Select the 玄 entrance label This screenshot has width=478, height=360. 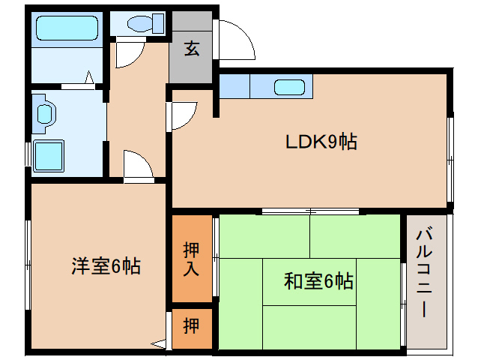[x=192, y=49]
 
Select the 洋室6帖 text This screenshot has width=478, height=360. [x=106, y=265]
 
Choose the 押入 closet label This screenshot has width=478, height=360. [x=192, y=258]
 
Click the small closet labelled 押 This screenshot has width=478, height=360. [x=192, y=326]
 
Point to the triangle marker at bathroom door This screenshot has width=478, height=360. [x=88, y=77]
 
